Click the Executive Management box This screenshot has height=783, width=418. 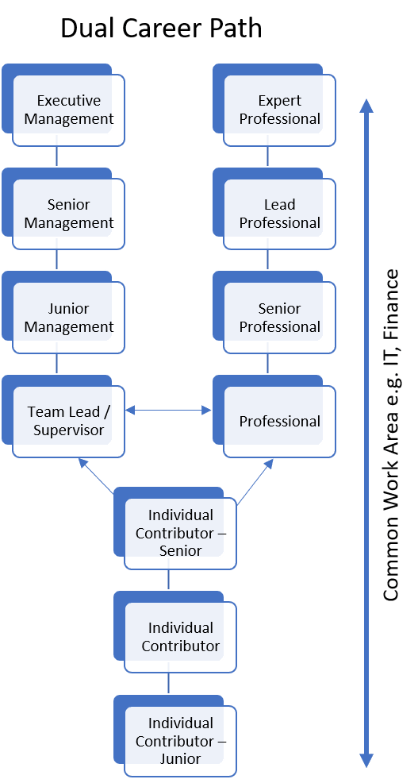[x=69, y=110]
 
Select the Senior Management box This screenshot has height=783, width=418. [x=69, y=214]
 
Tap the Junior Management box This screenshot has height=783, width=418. [x=69, y=318]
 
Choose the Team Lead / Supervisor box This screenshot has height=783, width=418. [x=69, y=421]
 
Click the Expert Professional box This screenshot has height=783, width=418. [x=280, y=110]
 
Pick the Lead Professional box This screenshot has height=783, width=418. [x=280, y=214]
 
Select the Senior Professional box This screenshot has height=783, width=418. [x=280, y=318]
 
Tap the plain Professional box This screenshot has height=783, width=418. [x=280, y=422]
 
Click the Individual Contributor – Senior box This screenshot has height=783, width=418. [x=181, y=533]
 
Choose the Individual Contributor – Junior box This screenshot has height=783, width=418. [x=181, y=741]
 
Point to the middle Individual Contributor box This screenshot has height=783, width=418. [x=181, y=637]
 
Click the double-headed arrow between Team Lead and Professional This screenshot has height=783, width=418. [x=168, y=411]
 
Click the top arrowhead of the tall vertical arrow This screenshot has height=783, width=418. [x=366, y=105]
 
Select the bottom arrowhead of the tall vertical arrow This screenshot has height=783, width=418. [x=366, y=760]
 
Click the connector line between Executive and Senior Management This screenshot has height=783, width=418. [x=57, y=156]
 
